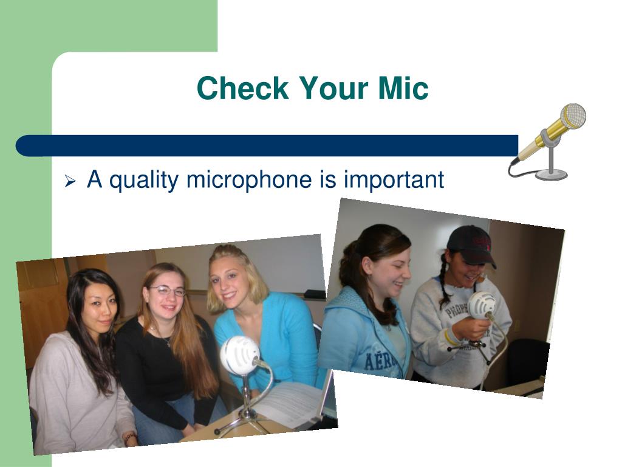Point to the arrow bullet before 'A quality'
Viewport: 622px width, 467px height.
click(x=70, y=181)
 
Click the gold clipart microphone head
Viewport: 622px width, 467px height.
click(x=572, y=116)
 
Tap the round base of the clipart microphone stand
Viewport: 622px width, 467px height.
click(x=551, y=175)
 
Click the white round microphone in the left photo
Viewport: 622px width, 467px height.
click(x=239, y=355)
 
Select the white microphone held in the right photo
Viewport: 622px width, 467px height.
click(x=482, y=305)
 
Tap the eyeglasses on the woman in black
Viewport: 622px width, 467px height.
click(x=168, y=291)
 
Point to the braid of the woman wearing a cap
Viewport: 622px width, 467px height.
click(x=445, y=290)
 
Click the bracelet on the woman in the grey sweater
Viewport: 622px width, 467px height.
click(x=128, y=437)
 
